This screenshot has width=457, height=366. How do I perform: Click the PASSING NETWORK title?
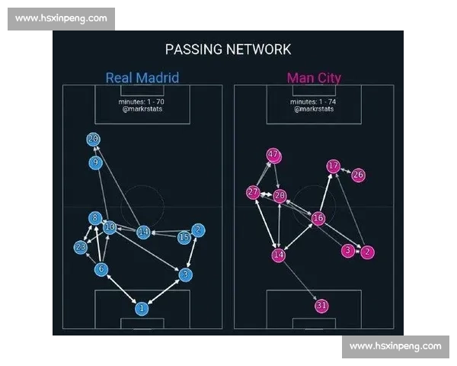coord(228,50)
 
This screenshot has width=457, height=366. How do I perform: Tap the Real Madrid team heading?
coord(142,78)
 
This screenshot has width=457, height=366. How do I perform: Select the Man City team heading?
coord(314,78)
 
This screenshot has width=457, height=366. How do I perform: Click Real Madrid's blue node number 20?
coord(93,139)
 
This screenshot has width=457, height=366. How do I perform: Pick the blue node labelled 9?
coord(96,162)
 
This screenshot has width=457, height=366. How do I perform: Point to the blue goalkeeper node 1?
coord(142,308)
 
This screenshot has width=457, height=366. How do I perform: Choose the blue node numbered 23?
coord(81,248)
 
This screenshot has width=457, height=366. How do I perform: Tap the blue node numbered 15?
coord(184,237)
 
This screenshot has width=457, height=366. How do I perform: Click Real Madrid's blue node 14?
coord(143,232)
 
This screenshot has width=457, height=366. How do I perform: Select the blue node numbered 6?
coord(101,269)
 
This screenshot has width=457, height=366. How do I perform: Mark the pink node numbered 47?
coord(273,155)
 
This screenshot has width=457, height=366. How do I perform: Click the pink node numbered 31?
coord(321,306)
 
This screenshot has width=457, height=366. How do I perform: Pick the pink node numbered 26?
coord(358,175)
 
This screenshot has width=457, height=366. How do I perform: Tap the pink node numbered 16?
coord(318,218)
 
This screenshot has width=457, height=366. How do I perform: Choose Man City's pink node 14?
coord(279,255)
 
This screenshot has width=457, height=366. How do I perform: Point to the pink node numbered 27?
coord(253,192)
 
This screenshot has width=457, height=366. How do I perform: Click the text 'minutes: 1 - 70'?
coord(142,101)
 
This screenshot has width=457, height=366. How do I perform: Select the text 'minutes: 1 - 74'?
coord(313,101)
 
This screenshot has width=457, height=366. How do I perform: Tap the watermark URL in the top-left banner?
coord(61,18)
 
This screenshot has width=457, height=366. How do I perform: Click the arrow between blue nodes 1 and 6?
coord(122,289)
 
